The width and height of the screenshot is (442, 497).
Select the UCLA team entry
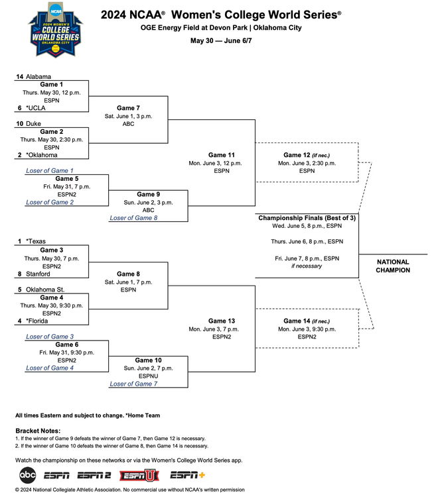tap(36, 108)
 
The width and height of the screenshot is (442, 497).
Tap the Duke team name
tap(33, 124)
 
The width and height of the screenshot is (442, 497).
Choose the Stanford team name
tap(39, 273)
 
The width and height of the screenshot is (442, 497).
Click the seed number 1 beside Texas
tap(20, 242)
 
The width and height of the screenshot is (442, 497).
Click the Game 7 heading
tap(128, 107)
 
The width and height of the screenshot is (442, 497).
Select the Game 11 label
tap(221, 155)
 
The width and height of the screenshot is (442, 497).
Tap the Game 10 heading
tap(148, 360)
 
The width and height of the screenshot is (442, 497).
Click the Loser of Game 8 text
tap(133, 218)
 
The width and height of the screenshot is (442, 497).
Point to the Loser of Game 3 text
tap(50, 337)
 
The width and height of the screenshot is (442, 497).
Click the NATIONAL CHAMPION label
tap(394, 266)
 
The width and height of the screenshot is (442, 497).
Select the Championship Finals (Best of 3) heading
tap(307, 218)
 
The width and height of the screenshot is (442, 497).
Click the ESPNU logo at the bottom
tap(139, 475)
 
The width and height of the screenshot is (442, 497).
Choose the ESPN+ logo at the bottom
tap(188, 475)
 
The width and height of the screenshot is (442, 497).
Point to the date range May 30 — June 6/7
tap(221, 41)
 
